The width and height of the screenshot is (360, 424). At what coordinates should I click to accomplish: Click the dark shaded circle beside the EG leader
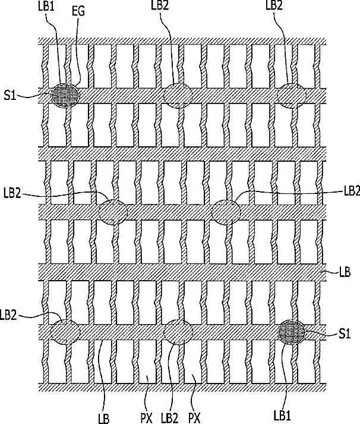tap(65, 94)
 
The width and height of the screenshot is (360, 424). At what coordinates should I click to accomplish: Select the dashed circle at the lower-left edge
tap(65, 331)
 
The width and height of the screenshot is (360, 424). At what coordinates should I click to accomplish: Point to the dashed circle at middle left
tap(113, 212)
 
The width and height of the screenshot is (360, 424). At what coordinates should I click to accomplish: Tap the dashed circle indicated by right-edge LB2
tap(226, 212)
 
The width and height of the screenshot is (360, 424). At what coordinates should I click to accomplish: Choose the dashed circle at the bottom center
tap(178, 331)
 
